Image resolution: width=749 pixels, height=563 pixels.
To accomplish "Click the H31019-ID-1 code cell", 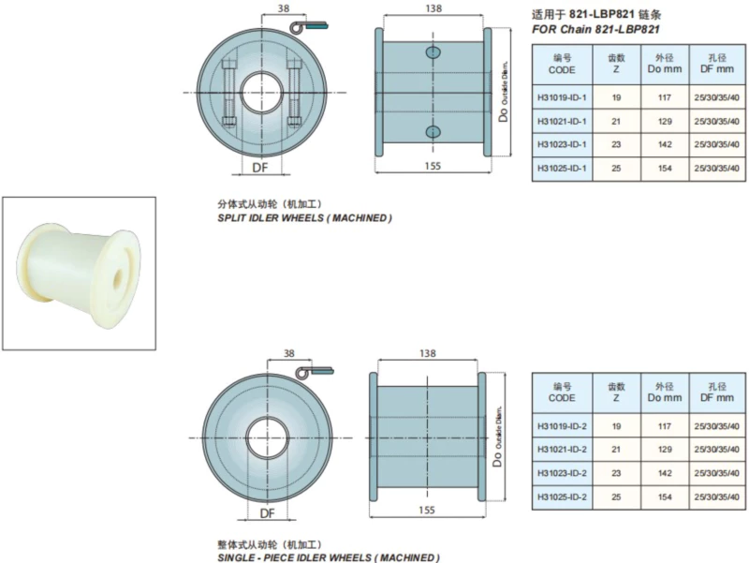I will pyautogui.click(x=562, y=96).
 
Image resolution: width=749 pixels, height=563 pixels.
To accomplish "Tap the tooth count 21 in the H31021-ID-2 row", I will pyautogui.click(x=616, y=449).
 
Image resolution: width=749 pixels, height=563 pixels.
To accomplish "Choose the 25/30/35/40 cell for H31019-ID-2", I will pyautogui.click(x=716, y=426).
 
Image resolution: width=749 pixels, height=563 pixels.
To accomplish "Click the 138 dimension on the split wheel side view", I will pyautogui.click(x=432, y=7).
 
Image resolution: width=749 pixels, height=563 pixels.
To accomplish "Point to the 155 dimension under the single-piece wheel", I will pyautogui.click(x=426, y=511).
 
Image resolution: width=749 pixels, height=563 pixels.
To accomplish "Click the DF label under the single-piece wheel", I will pyautogui.click(x=267, y=513).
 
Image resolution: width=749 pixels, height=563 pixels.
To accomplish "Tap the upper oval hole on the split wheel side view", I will pyautogui.click(x=433, y=52).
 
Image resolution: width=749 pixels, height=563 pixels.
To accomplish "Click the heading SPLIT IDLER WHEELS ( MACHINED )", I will pyautogui.click(x=304, y=218).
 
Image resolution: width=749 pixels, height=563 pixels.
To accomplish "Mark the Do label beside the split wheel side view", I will pyautogui.click(x=502, y=114).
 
